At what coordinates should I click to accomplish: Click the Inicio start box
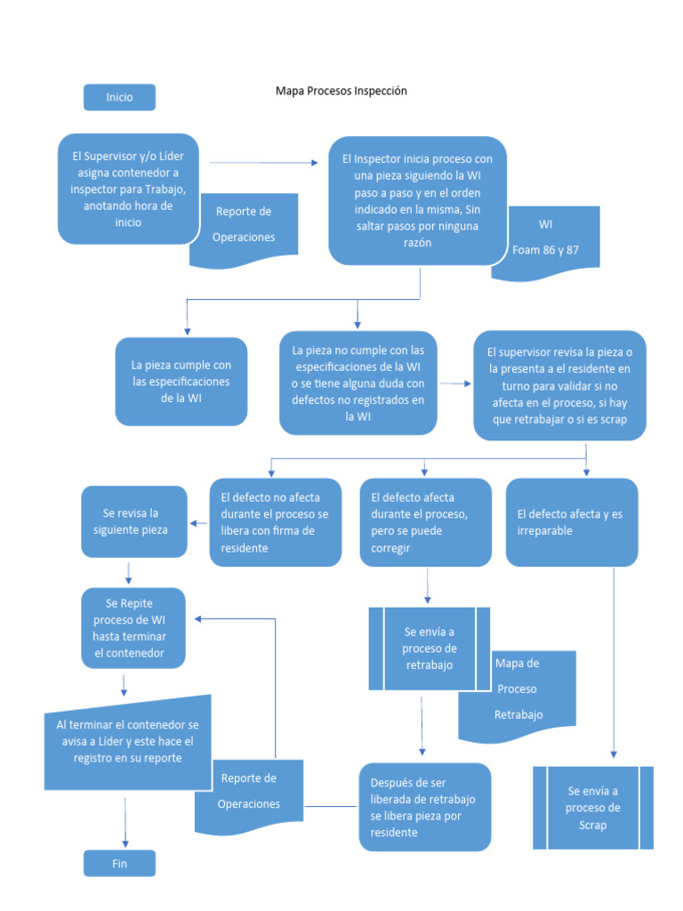[x=119, y=97]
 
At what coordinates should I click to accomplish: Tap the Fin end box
[x=119, y=863]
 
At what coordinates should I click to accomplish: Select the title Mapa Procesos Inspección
[x=341, y=91]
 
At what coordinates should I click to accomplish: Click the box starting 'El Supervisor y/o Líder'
[x=127, y=189]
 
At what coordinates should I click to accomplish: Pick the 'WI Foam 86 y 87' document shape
[x=545, y=240]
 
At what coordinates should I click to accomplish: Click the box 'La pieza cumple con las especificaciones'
[x=181, y=381]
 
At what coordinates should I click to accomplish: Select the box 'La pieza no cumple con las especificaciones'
[x=358, y=383]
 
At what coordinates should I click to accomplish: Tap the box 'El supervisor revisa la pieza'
[x=559, y=385]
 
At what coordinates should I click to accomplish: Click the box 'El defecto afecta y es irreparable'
[x=571, y=522]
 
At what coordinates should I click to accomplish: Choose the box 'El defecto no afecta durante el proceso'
[x=275, y=522]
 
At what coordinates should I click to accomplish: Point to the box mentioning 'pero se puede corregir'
[x=425, y=522]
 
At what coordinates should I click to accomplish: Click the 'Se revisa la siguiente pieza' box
[x=134, y=522]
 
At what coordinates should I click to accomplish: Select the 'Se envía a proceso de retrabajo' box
[x=430, y=648]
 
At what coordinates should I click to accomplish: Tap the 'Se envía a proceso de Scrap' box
[x=592, y=807]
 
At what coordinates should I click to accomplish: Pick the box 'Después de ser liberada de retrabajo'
[x=424, y=807]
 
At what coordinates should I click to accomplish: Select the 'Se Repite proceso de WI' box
[x=134, y=628]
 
